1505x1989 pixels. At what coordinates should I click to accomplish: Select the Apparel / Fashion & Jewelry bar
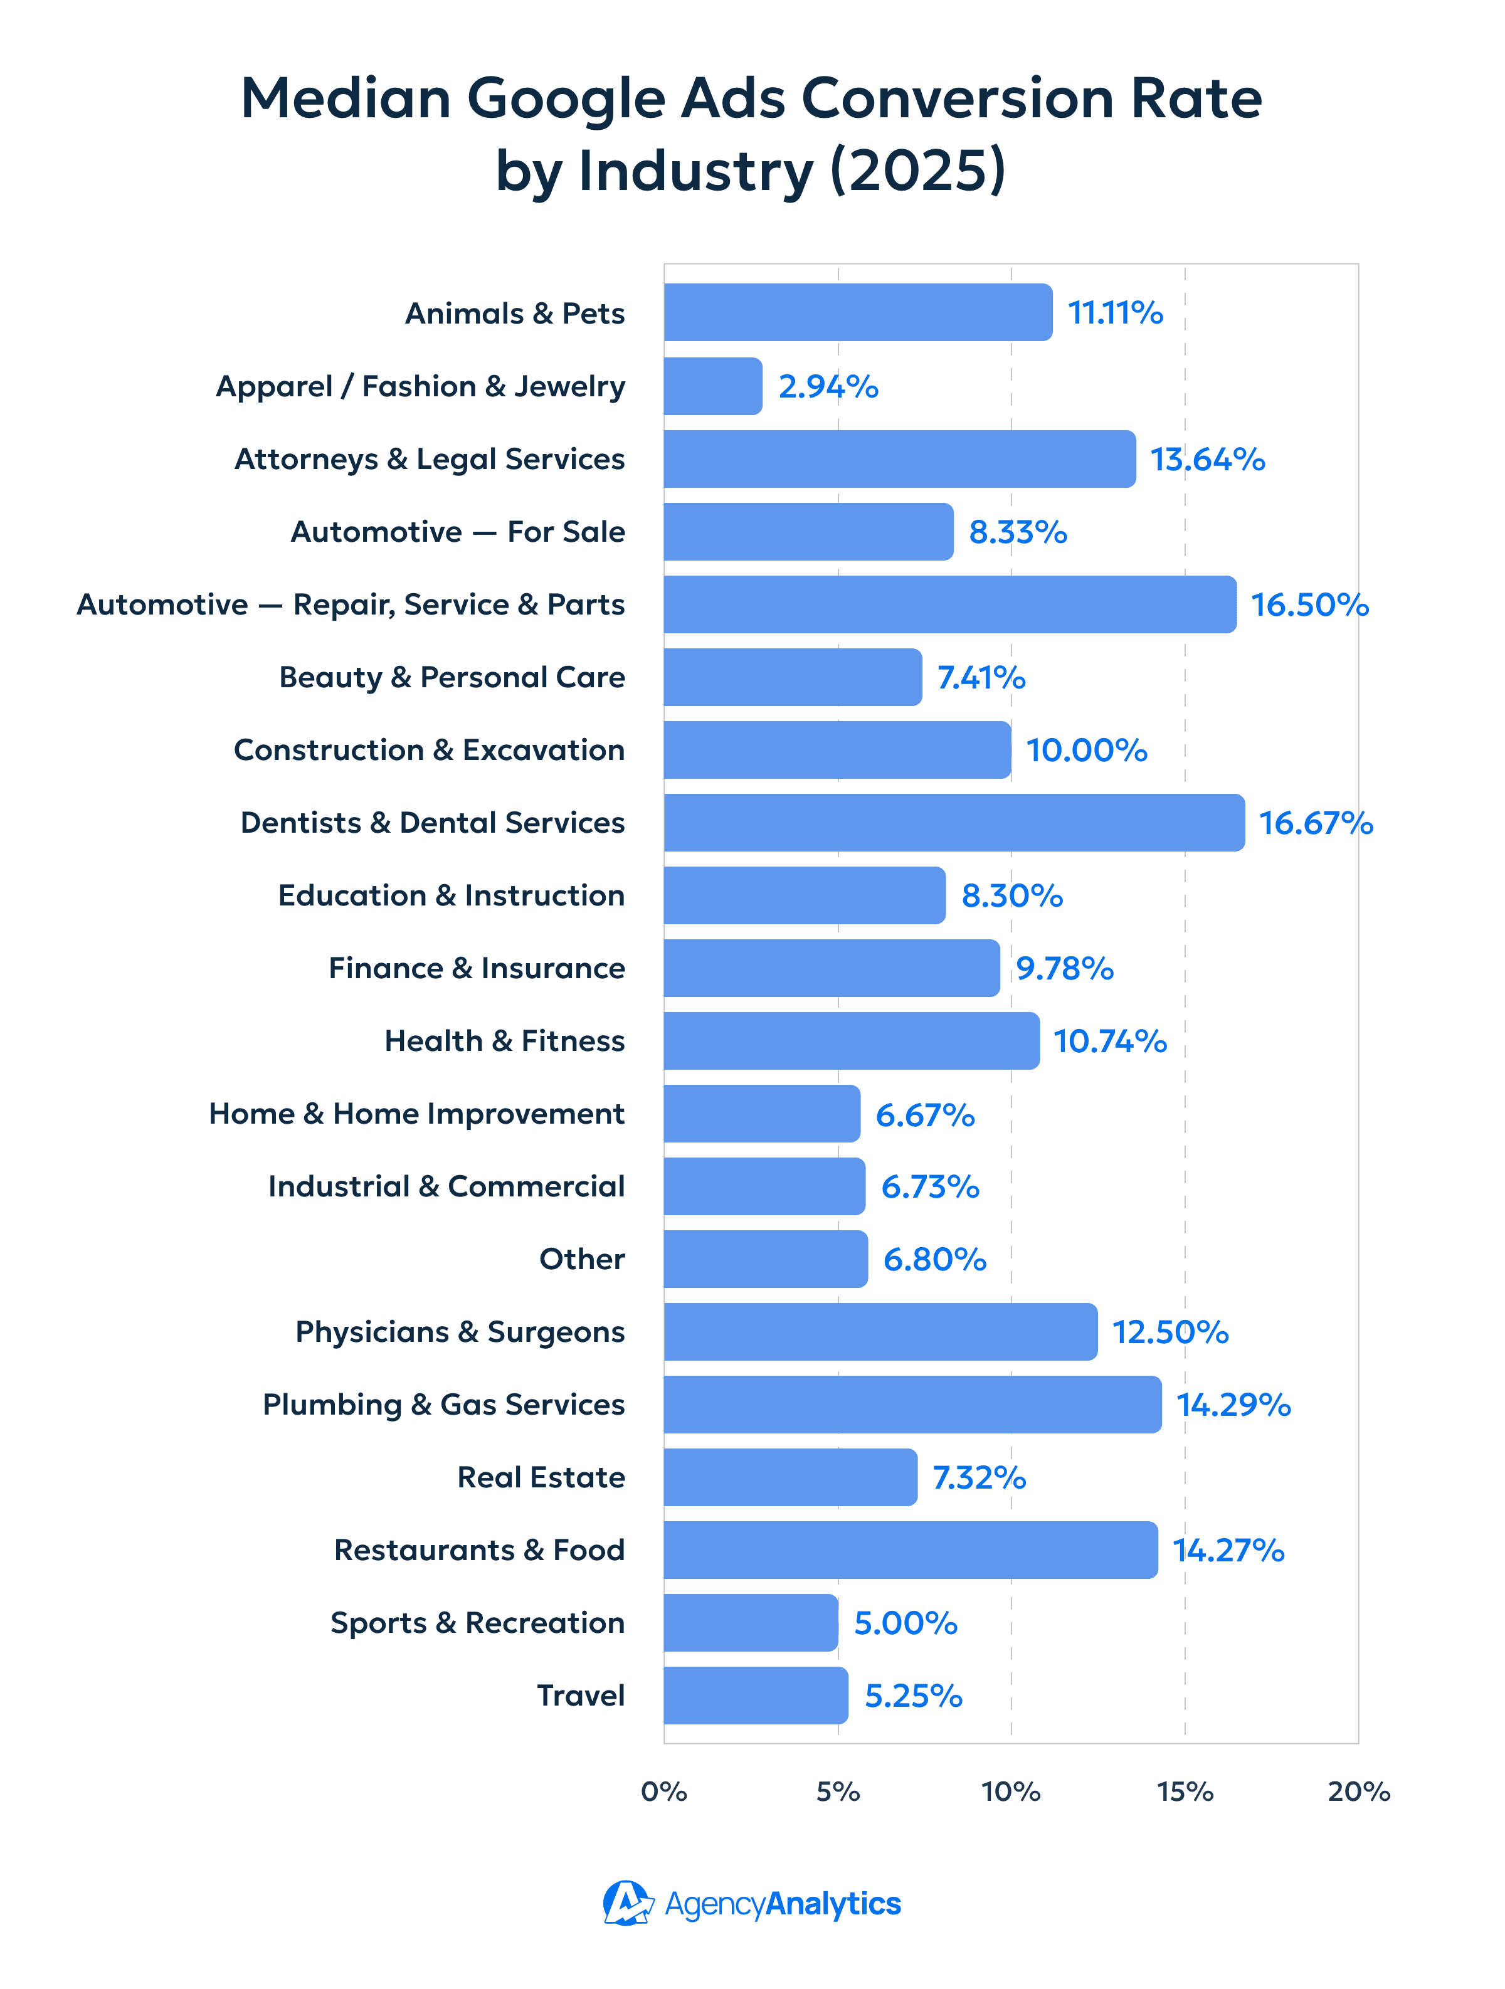pyautogui.click(x=712, y=386)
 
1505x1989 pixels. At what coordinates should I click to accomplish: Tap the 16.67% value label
pyautogui.click(x=1315, y=823)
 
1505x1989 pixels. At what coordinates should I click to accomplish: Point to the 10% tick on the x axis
pyautogui.click(x=1010, y=1792)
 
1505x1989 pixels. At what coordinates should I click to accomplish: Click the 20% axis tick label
pyautogui.click(x=1358, y=1792)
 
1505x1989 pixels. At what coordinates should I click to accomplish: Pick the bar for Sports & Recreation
pyautogui.click(x=751, y=1623)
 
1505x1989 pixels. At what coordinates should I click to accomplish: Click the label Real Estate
pyautogui.click(x=541, y=1477)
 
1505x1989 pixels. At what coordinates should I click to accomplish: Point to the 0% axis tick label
pyautogui.click(x=663, y=1792)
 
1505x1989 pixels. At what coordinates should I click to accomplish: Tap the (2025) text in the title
pyautogui.click(x=917, y=171)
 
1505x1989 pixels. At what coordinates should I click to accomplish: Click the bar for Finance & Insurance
pyautogui.click(x=831, y=968)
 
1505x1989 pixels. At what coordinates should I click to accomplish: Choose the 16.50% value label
pyautogui.click(x=1309, y=605)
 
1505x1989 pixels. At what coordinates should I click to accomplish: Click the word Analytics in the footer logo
pyautogui.click(x=833, y=1904)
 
